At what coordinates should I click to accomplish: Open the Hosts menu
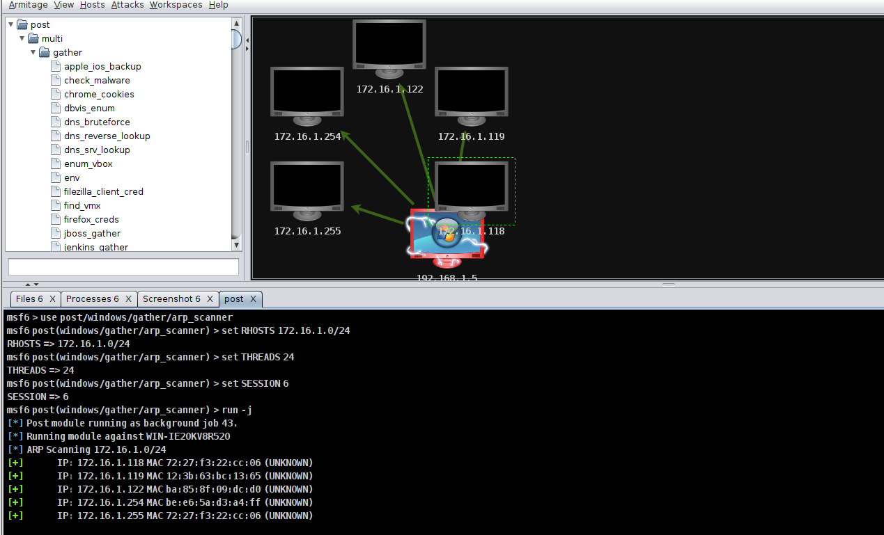92,5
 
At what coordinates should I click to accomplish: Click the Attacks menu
127,5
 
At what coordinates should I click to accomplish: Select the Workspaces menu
176,5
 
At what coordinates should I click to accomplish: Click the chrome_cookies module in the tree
99,94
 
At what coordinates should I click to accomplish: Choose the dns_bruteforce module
97,122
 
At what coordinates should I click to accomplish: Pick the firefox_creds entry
91,219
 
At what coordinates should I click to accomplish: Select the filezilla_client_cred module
103,191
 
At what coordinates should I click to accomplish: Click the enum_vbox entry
88,163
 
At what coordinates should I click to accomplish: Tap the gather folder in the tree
67,52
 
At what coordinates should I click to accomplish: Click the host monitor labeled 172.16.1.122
389,47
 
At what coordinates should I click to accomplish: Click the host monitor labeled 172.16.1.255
307,189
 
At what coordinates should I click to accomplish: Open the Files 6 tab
29,299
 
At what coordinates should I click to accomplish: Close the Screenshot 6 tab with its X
210,299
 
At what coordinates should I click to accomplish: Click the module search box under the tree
123,267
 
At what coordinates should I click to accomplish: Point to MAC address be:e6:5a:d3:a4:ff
214,502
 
